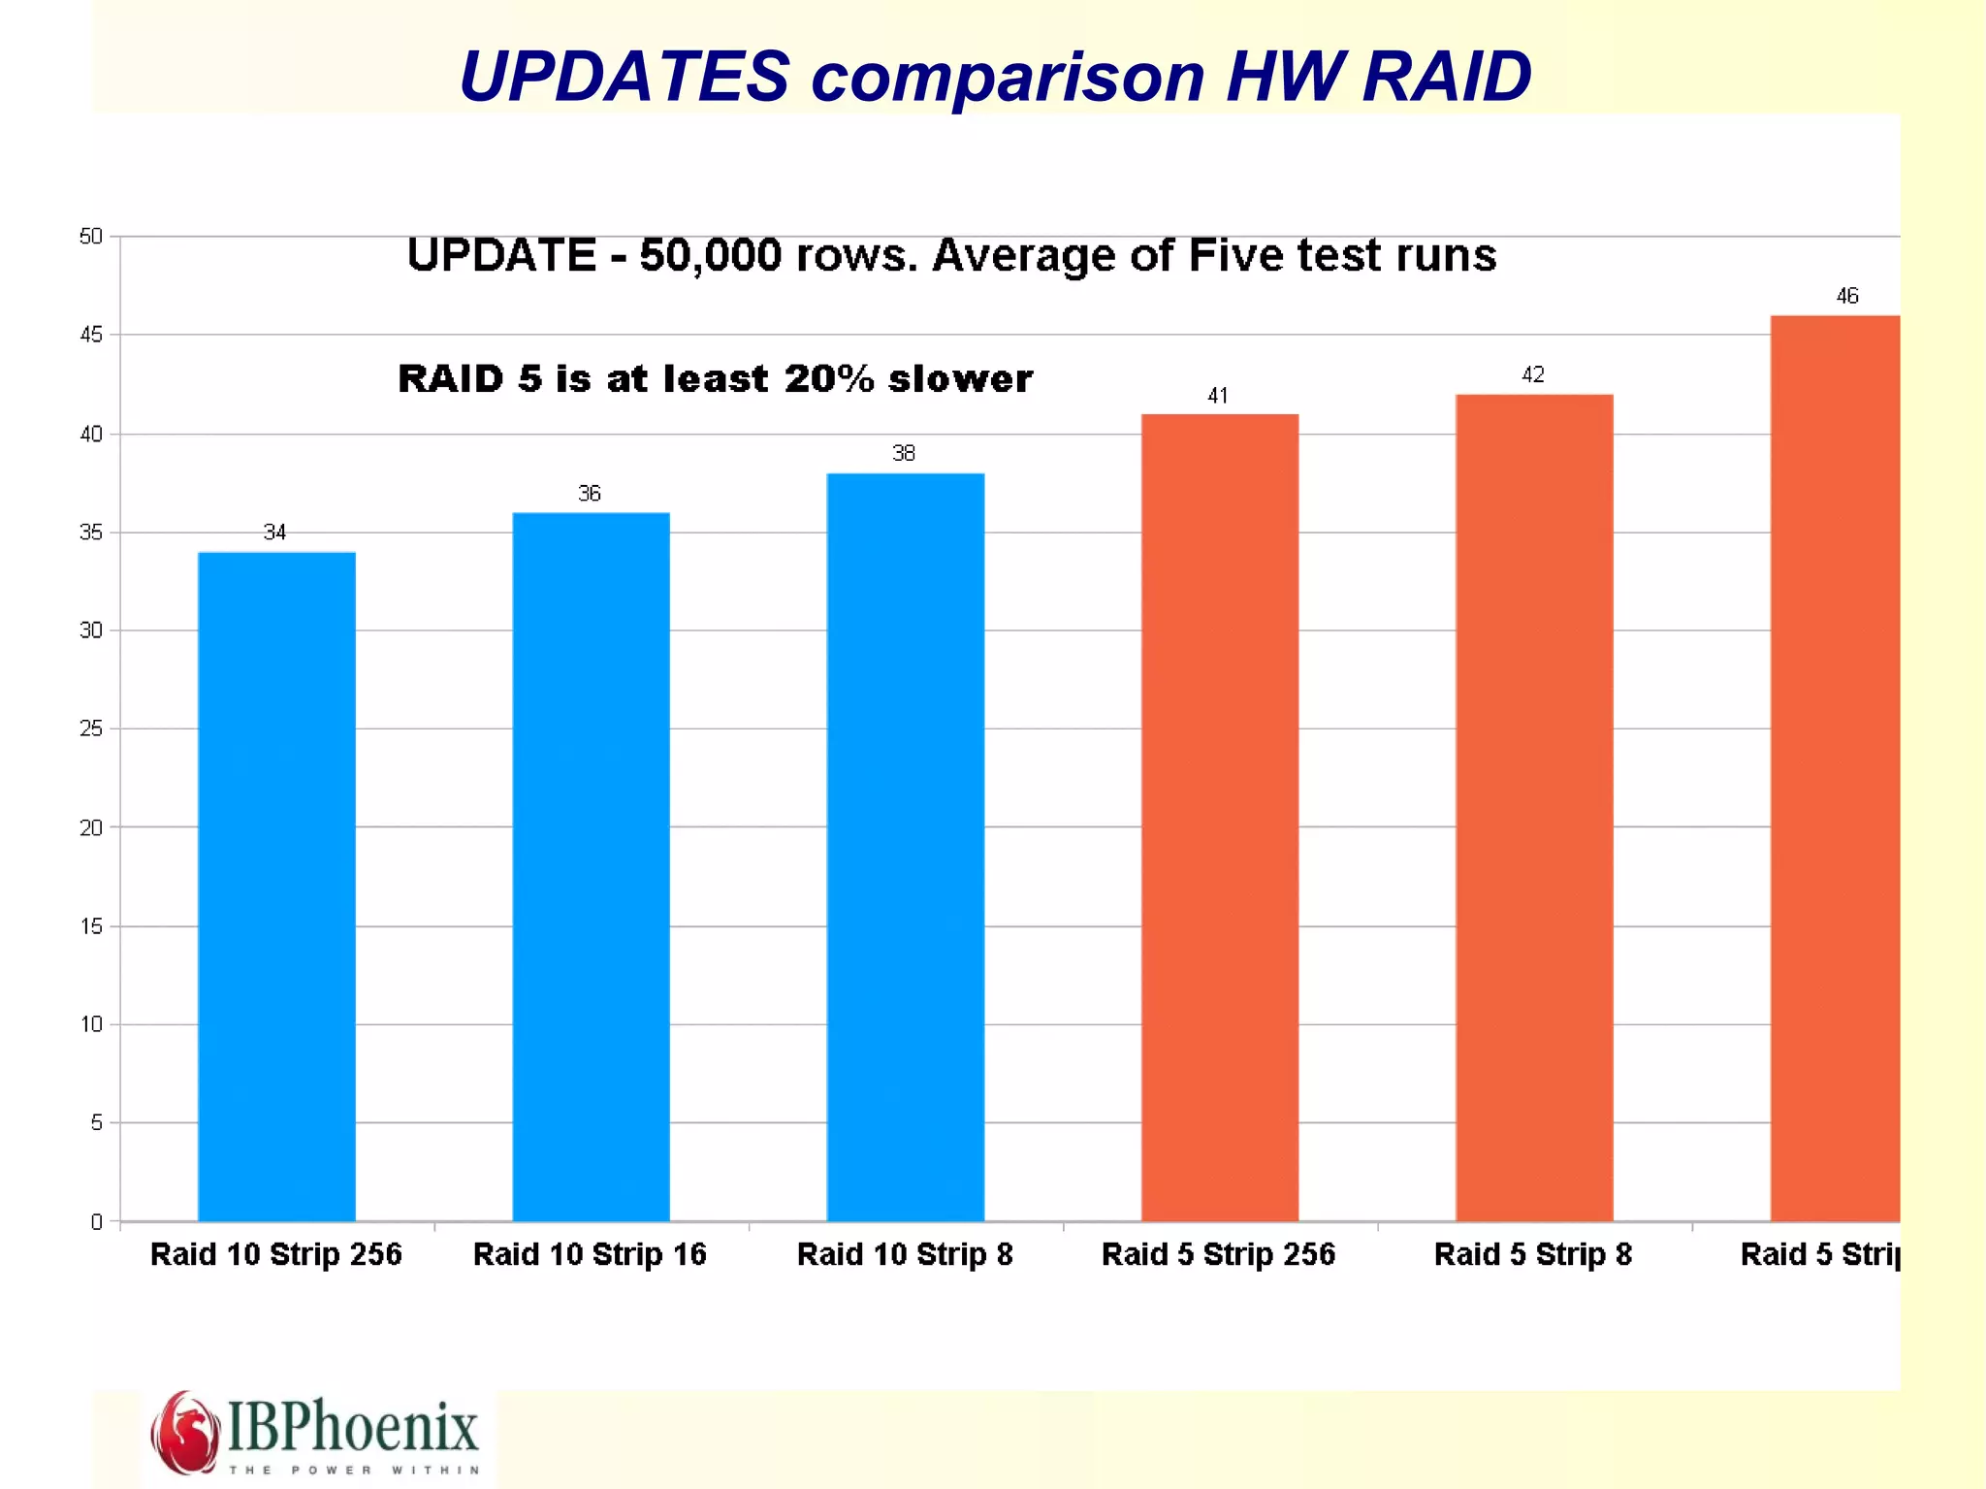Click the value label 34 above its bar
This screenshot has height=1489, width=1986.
(x=274, y=532)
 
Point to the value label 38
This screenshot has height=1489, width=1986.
(x=903, y=453)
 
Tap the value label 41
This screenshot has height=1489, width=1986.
(x=1217, y=395)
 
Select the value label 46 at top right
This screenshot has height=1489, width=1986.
(x=1846, y=296)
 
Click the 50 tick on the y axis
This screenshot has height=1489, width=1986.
(x=90, y=237)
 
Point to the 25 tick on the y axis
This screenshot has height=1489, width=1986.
(x=90, y=728)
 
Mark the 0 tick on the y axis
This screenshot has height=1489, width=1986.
(x=96, y=1221)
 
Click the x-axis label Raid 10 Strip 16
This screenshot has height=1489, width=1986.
(x=590, y=1254)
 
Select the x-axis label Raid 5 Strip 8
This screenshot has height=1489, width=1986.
(x=1532, y=1254)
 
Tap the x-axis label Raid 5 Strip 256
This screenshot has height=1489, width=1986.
(x=1218, y=1254)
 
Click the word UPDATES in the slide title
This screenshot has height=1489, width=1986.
(x=624, y=76)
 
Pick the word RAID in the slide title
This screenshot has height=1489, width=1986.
(x=1446, y=76)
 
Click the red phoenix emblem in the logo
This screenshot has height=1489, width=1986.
(x=183, y=1432)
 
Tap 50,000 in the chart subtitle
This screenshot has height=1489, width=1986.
(x=710, y=256)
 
